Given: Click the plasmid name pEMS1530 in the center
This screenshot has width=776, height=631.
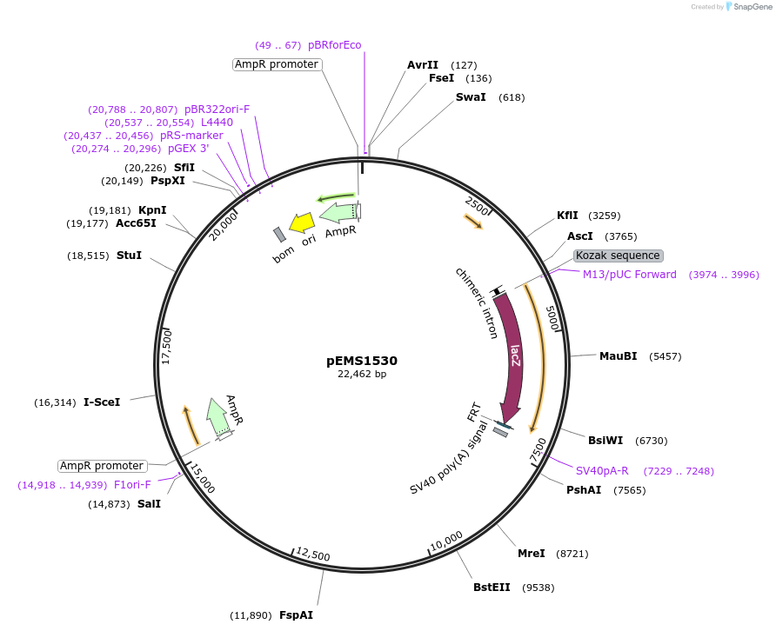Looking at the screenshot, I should pos(362,361).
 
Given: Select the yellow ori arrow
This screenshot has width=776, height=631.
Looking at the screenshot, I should pos(302,223).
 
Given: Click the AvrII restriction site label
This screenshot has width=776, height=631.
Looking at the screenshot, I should pos(423,65).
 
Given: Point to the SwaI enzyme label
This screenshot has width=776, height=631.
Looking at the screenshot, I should pos(471,97).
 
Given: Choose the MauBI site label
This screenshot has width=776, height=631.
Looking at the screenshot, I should pos(618,356).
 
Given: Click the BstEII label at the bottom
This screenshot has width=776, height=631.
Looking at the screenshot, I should pos(492,588).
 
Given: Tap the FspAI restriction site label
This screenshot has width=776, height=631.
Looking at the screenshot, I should pos(296,615).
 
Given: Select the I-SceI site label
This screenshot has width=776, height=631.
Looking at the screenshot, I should pos(102,402).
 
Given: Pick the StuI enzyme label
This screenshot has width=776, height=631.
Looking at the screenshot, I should pos(129,256).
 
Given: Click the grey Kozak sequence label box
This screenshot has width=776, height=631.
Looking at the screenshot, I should pos(619,256).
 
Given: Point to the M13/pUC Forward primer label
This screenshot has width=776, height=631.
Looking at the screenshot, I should pos(629,275).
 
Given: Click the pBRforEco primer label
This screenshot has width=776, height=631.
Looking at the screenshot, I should pos(334,45).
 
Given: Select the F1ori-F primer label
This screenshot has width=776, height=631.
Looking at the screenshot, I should pos(132,485).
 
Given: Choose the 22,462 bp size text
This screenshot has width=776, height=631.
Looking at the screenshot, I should pos(362,375).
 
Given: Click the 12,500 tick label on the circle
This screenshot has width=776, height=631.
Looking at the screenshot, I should pos(313,555).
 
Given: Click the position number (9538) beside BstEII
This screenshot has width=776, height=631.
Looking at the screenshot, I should pos(538,588).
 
